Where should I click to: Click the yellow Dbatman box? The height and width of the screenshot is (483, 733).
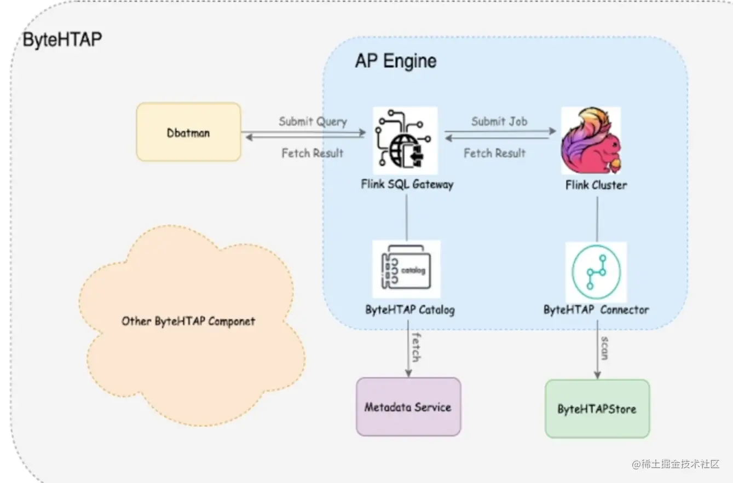(x=188, y=132)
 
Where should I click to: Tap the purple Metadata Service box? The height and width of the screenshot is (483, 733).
(x=408, y=407)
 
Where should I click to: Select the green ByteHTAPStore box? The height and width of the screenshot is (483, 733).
(x=597, y=409)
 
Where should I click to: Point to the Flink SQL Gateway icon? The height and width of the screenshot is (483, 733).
(x=406, y=141)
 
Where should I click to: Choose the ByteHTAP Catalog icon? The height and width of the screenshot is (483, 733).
(x=406, y=269)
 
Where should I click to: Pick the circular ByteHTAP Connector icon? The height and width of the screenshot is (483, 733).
(x=596, y=272)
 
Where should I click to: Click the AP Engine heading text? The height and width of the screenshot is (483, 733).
(x=396, y=61)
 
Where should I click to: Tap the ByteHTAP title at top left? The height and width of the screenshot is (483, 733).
(x=62, y=39)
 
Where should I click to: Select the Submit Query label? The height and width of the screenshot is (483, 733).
(x=313, y=121)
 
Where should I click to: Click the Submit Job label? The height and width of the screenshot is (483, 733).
(x=499, y=121)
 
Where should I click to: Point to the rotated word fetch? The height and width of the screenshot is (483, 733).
(x=415, y=346)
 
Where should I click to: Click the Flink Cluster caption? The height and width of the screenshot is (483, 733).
(x=596, y=185)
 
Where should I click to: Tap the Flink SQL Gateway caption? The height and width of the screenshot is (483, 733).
(x=407, y=184)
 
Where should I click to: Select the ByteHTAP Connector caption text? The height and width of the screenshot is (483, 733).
(x=596, y=310)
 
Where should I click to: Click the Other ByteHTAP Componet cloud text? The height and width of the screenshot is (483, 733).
(x=188, y=321)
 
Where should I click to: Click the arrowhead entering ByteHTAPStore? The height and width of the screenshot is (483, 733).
(x=597, y=375)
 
